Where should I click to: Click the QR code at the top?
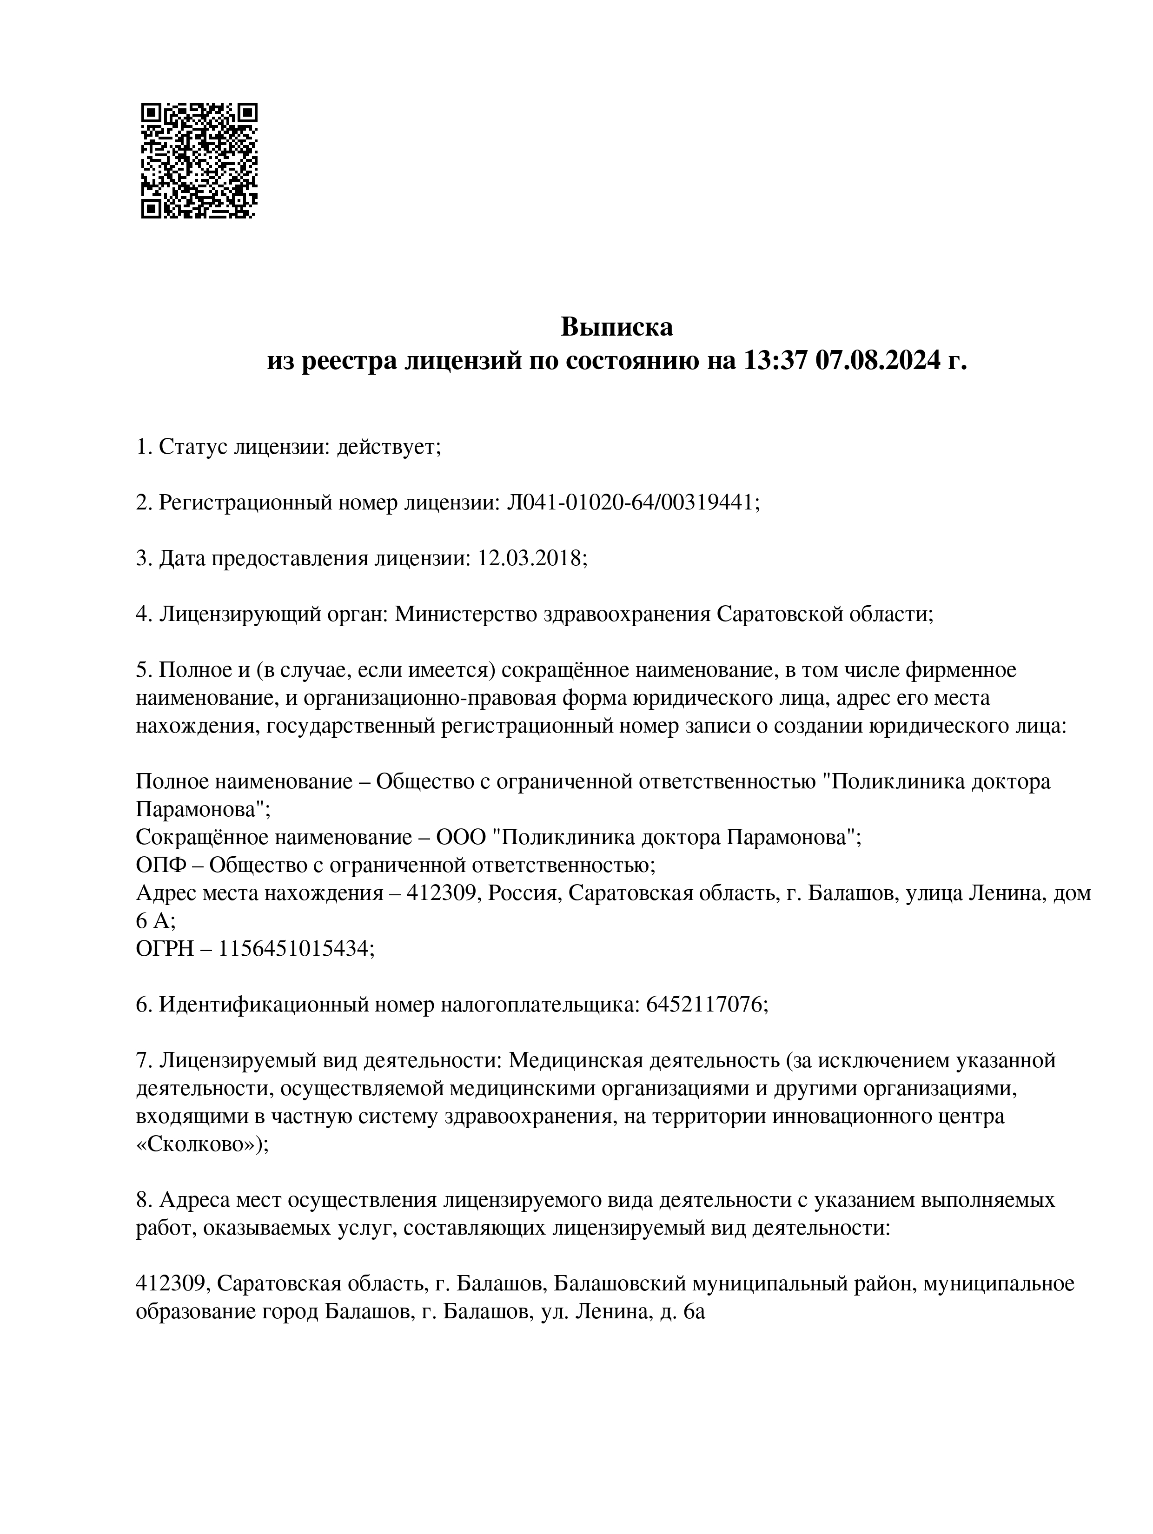coord(199,160)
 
